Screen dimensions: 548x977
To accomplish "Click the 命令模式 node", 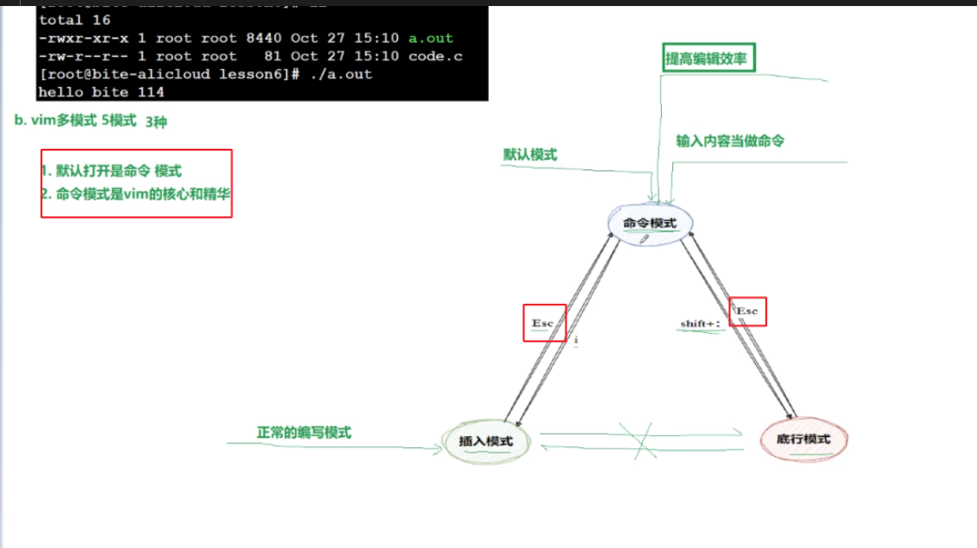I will click(x=650, y=224).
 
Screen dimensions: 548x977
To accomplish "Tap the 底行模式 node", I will click(x=804, y=440).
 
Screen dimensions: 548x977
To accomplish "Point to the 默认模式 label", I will click(x=530, y=155).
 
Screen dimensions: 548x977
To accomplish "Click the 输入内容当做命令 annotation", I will click(x=730, y=141).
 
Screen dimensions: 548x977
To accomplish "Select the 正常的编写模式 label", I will click(x=304, y=433).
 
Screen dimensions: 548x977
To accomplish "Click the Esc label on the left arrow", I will click(x=543, y=323).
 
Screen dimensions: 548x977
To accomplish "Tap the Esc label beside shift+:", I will click(x=747, y=311).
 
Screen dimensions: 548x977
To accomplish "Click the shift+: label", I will click(x=700, y=323).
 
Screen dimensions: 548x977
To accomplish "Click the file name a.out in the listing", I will click(x=430, y=38).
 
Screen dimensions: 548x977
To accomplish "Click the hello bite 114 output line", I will click(x=102, y=91).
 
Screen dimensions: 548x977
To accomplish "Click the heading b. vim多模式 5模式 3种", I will click(x=90, y=121).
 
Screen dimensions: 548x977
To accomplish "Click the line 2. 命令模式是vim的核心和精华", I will click(x=135, y=194).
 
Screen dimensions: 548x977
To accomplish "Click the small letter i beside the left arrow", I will click(x=576, y=341).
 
